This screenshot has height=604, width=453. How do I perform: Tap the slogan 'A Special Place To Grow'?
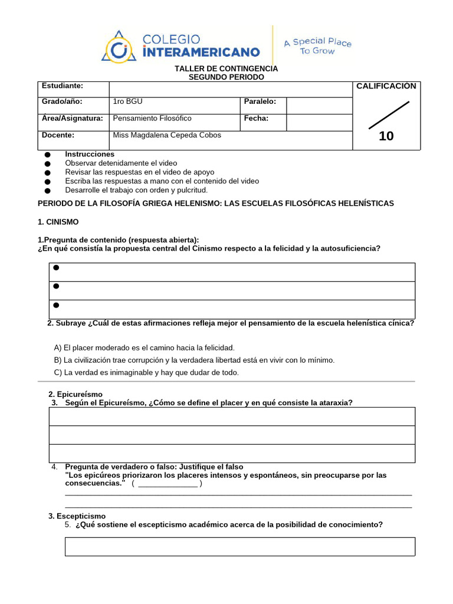coord(317,46)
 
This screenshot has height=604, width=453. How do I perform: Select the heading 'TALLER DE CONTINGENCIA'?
coord(226,69)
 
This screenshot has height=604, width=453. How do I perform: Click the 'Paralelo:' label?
coord(260,101)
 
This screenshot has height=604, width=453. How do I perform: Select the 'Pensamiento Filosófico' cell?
coord(152,118)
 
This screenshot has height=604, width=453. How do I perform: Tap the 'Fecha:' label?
coord(256,118)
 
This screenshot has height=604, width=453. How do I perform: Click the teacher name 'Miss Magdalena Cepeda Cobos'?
coord(167,135)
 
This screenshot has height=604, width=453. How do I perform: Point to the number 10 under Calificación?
coord(386,136)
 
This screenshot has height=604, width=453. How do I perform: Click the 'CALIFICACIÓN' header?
coord(386,86)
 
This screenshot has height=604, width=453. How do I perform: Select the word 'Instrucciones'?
coord(90,154)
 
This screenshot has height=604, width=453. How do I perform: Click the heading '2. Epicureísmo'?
coord(75,394)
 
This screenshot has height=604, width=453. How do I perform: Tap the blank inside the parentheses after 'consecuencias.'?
coord(167,484)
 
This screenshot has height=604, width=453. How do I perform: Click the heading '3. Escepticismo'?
coord(77,516)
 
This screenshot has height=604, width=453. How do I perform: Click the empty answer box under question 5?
coord(239,546)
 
